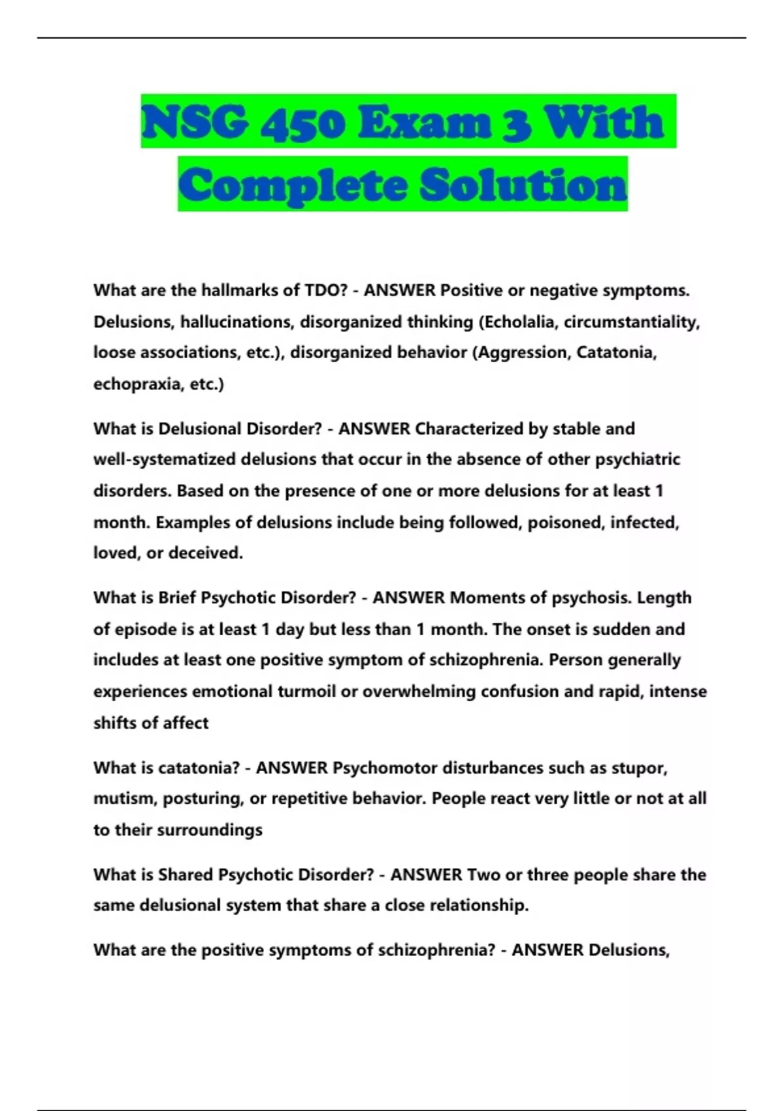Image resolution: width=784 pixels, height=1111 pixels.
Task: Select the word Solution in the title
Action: pyautogui.click(x=523, y=186)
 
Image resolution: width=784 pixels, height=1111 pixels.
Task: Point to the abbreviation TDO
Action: pyautogui.click(x=323, y=290)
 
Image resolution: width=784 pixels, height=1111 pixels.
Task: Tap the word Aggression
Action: pyautogui.click(x=523, y=353)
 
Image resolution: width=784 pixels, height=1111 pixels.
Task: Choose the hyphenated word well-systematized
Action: pyautogui.click(x=164, y=459)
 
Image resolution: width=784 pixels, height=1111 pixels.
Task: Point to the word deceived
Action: pyautogui.click(x=206, y=553)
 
